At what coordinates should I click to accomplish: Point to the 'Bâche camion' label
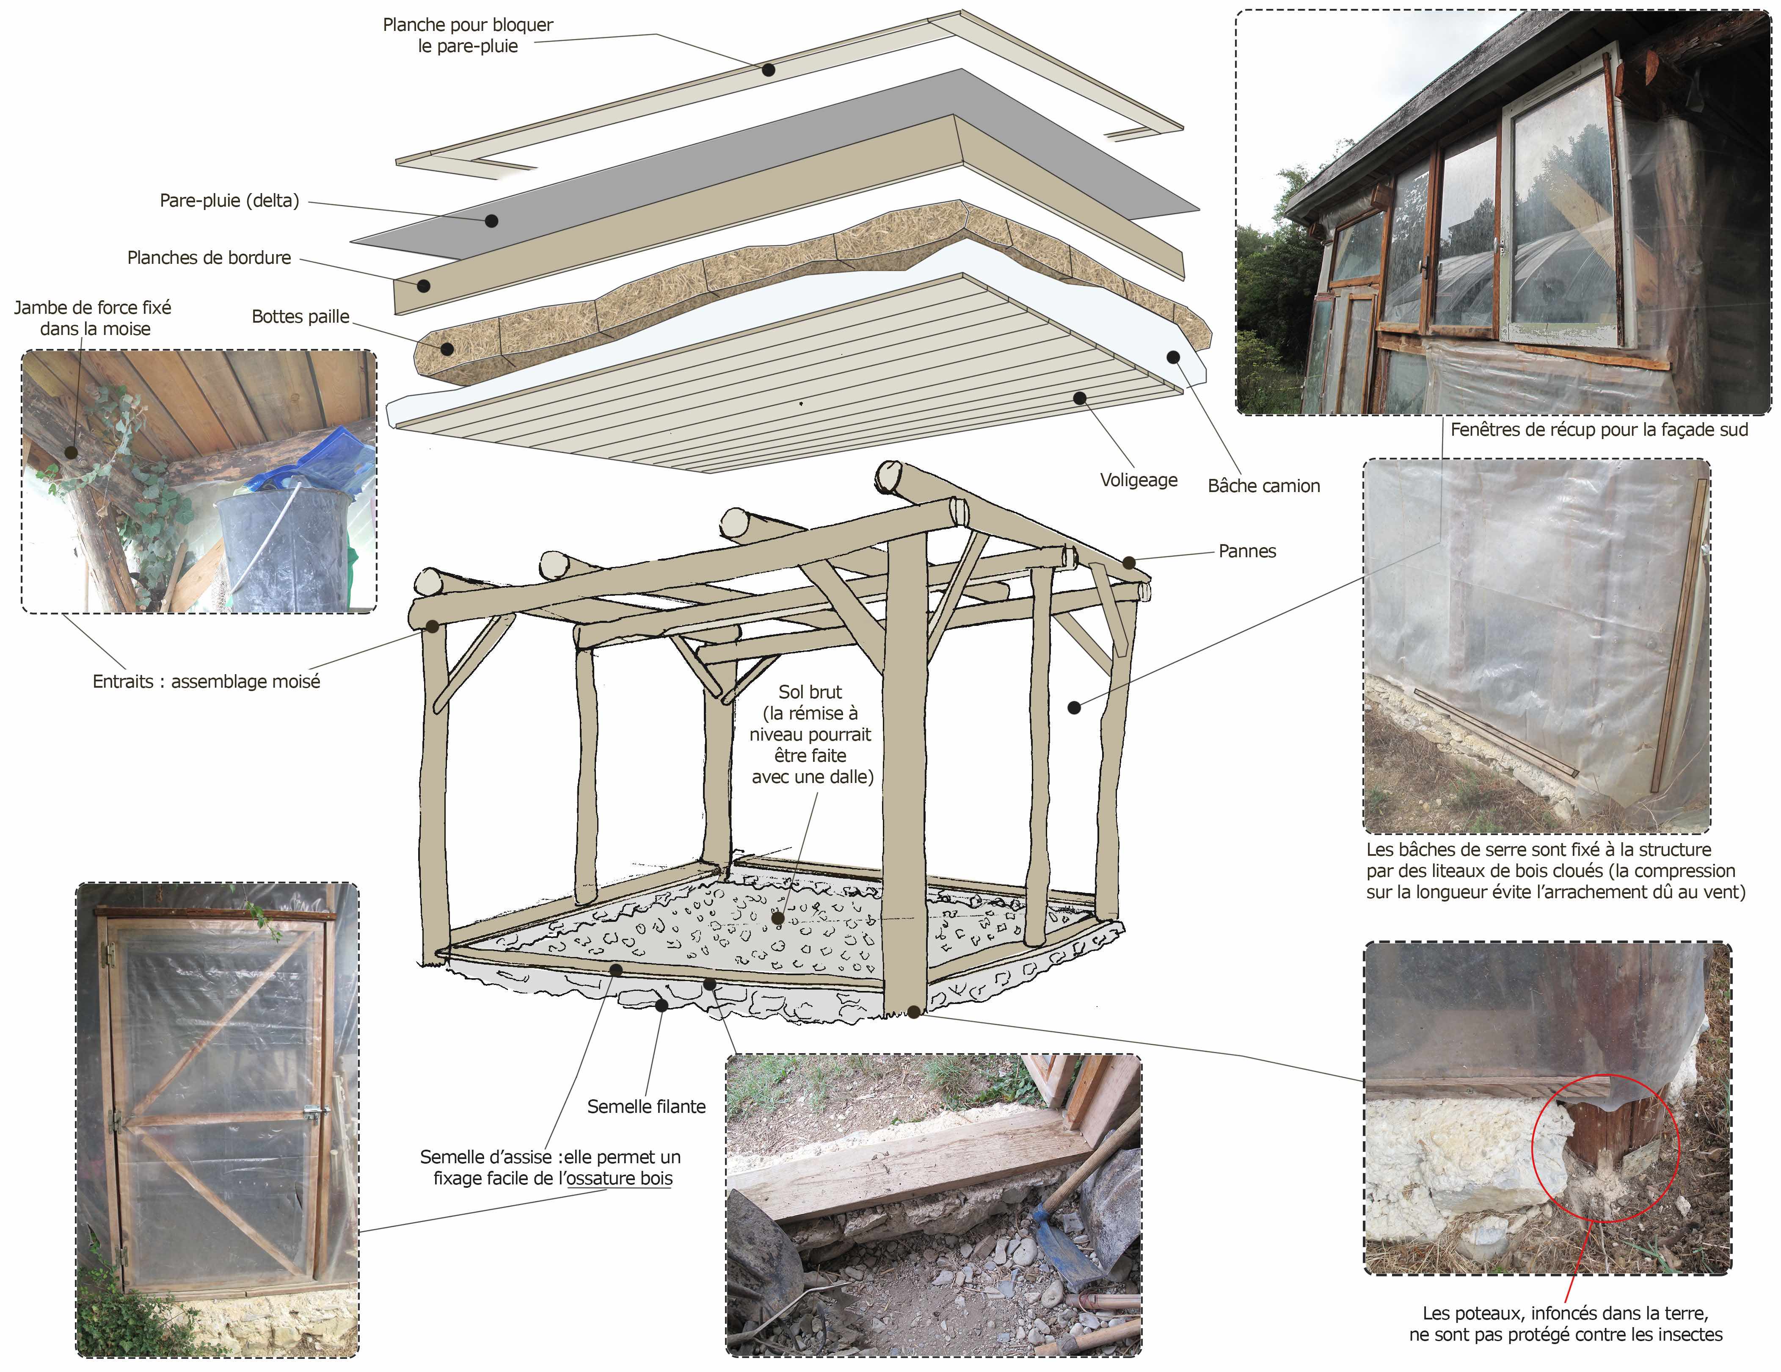click(x=1263, y=486)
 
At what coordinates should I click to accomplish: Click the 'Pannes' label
click(x=1247, y=551)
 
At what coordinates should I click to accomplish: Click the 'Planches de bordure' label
click(x=209, y=258)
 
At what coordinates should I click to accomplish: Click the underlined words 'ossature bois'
click(x=620, y=1178)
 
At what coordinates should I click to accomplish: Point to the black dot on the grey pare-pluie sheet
click(x=492, y=220)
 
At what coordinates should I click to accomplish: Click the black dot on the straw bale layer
click(x=447, y=349)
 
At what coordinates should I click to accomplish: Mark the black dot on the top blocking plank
click(x=768, y=70)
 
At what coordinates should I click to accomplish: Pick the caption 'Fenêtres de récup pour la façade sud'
click(x=1598, y=430)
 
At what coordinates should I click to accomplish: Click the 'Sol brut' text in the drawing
click(x=810, y=692)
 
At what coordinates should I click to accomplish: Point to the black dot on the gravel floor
click(x=778, y=918)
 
